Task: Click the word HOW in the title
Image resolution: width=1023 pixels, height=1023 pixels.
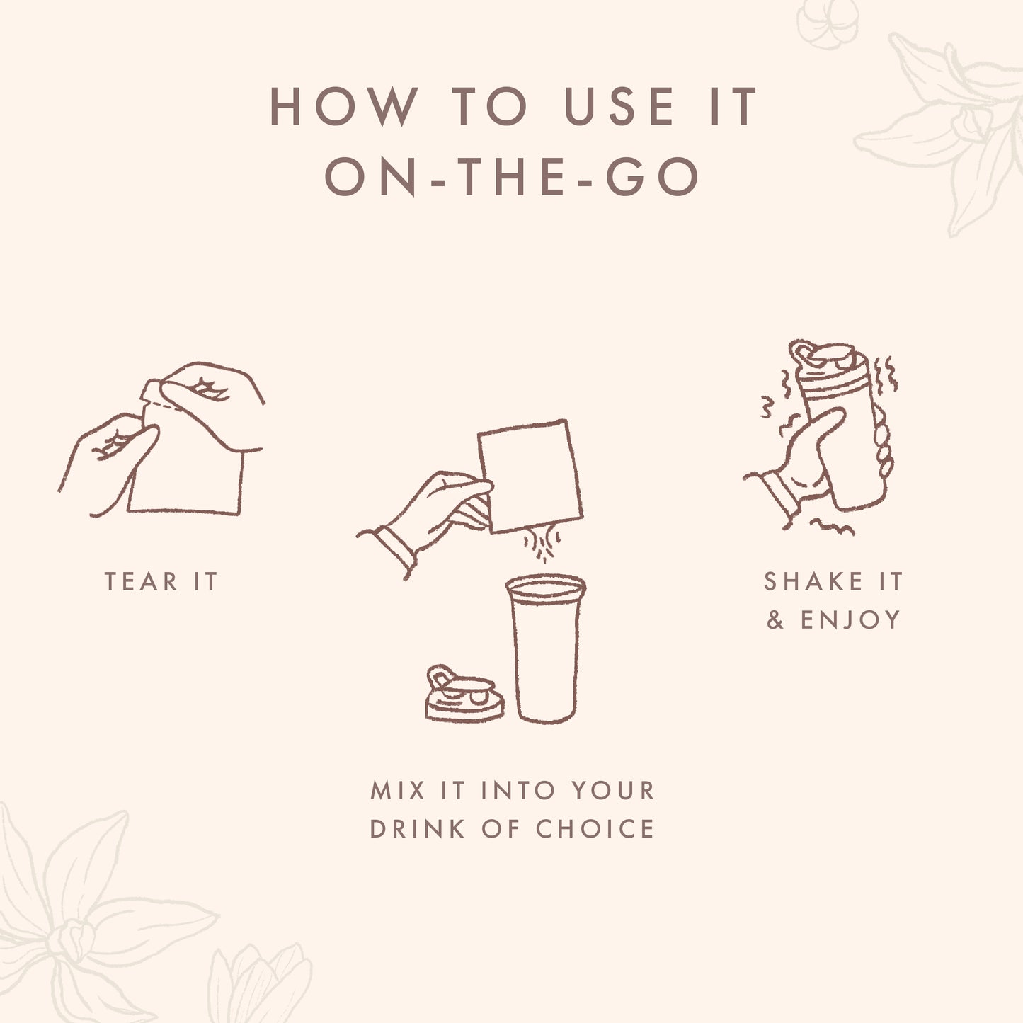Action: (x=343, y=107)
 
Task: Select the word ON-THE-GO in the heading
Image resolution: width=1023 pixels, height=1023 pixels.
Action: (x=510, y=176)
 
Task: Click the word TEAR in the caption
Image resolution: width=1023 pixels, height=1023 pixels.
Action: (x=141, y=581)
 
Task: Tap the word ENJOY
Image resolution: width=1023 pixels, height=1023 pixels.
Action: (x=850, y=620)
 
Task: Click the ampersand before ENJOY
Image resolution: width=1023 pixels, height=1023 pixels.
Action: (x=775, y=620)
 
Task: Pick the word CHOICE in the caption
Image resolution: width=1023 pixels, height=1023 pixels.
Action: (x=595, y=829)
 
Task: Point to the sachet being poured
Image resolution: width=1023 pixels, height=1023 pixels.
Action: (x=530, y=476)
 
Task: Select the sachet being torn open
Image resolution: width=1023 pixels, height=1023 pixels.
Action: (x=185, y=467)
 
